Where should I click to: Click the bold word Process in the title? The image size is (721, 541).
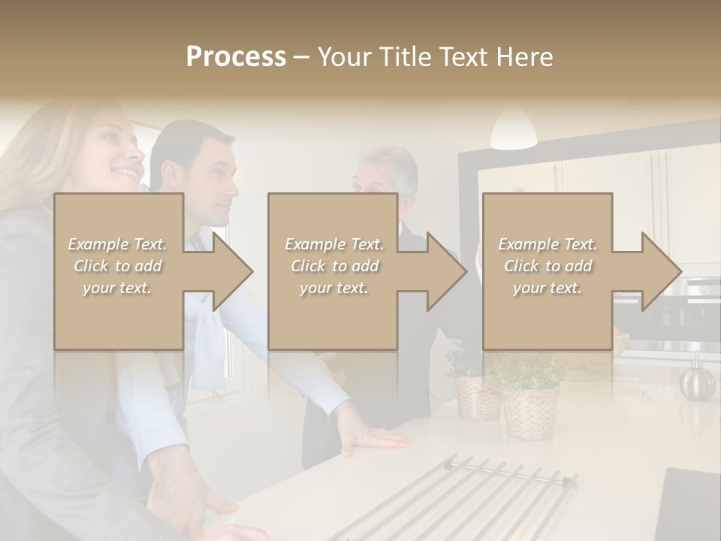click(x=236, y=57)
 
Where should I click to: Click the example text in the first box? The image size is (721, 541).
click(x=118, y=265)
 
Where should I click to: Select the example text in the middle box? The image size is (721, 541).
click(x=333, y=265)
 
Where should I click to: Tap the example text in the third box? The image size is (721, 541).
click(x=548, y=265)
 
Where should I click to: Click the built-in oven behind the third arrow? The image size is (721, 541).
click(x=676, y=316)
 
